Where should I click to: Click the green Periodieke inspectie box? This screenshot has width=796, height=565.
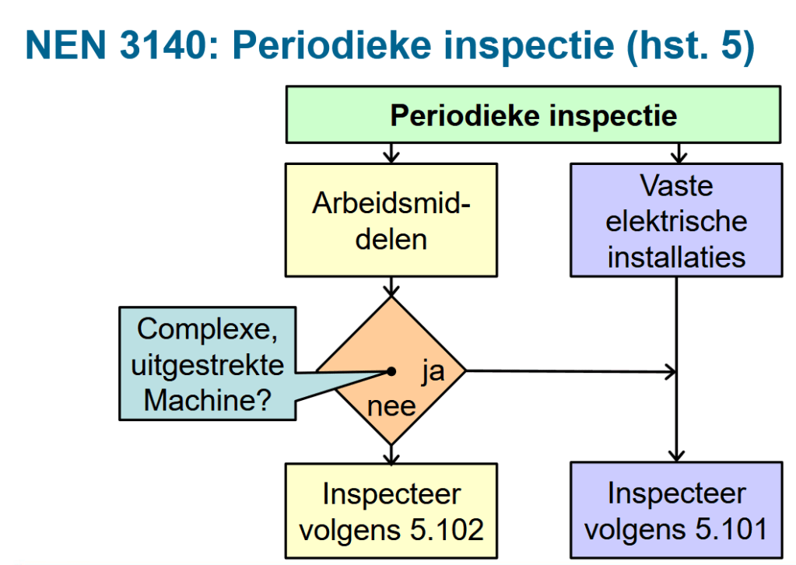tap(533, 116)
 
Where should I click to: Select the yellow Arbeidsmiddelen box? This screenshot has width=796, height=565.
tap(391, 219)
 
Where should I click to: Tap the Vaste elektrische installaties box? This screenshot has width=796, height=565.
tap(676, 220)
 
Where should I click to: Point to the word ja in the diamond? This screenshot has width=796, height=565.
tap(433, 371)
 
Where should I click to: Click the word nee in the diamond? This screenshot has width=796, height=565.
tap(391, 406)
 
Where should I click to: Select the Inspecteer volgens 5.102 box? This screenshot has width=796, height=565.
tap(391, 511)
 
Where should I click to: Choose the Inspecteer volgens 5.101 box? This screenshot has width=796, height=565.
tap(676, 511)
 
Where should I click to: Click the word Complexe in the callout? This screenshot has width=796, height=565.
tap(207, 329)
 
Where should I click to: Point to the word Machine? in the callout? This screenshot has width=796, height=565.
tap(207, 401)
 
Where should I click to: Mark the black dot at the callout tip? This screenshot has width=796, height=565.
tap(391, 371)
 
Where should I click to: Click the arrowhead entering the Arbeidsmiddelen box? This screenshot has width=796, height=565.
tap(391, 157)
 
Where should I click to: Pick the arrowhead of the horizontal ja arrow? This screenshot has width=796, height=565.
tap(671, 371)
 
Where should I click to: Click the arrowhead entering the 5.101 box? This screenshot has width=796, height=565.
tap(676, 456)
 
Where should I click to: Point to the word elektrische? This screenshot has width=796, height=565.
tap(676, 222)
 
